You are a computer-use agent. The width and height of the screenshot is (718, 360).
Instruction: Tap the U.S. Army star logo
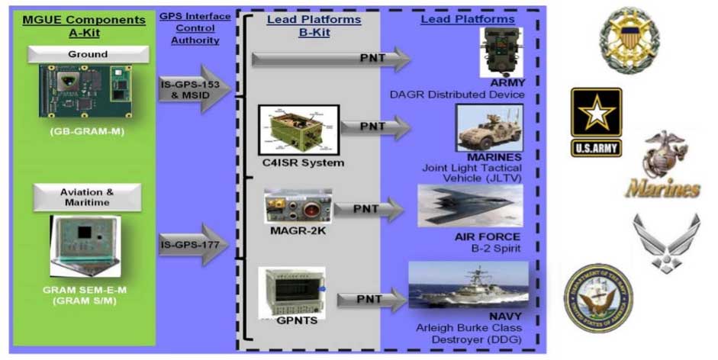(596, 122)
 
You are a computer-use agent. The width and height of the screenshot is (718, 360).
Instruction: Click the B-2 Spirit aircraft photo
(469, 206)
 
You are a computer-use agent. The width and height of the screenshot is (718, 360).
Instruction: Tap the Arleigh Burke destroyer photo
(468, 284)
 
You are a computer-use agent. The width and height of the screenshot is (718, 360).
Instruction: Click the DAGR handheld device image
(500, 52)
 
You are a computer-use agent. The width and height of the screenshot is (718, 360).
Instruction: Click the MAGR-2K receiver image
(297, 207)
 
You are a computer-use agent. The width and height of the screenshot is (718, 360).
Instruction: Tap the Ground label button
(87, 54)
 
